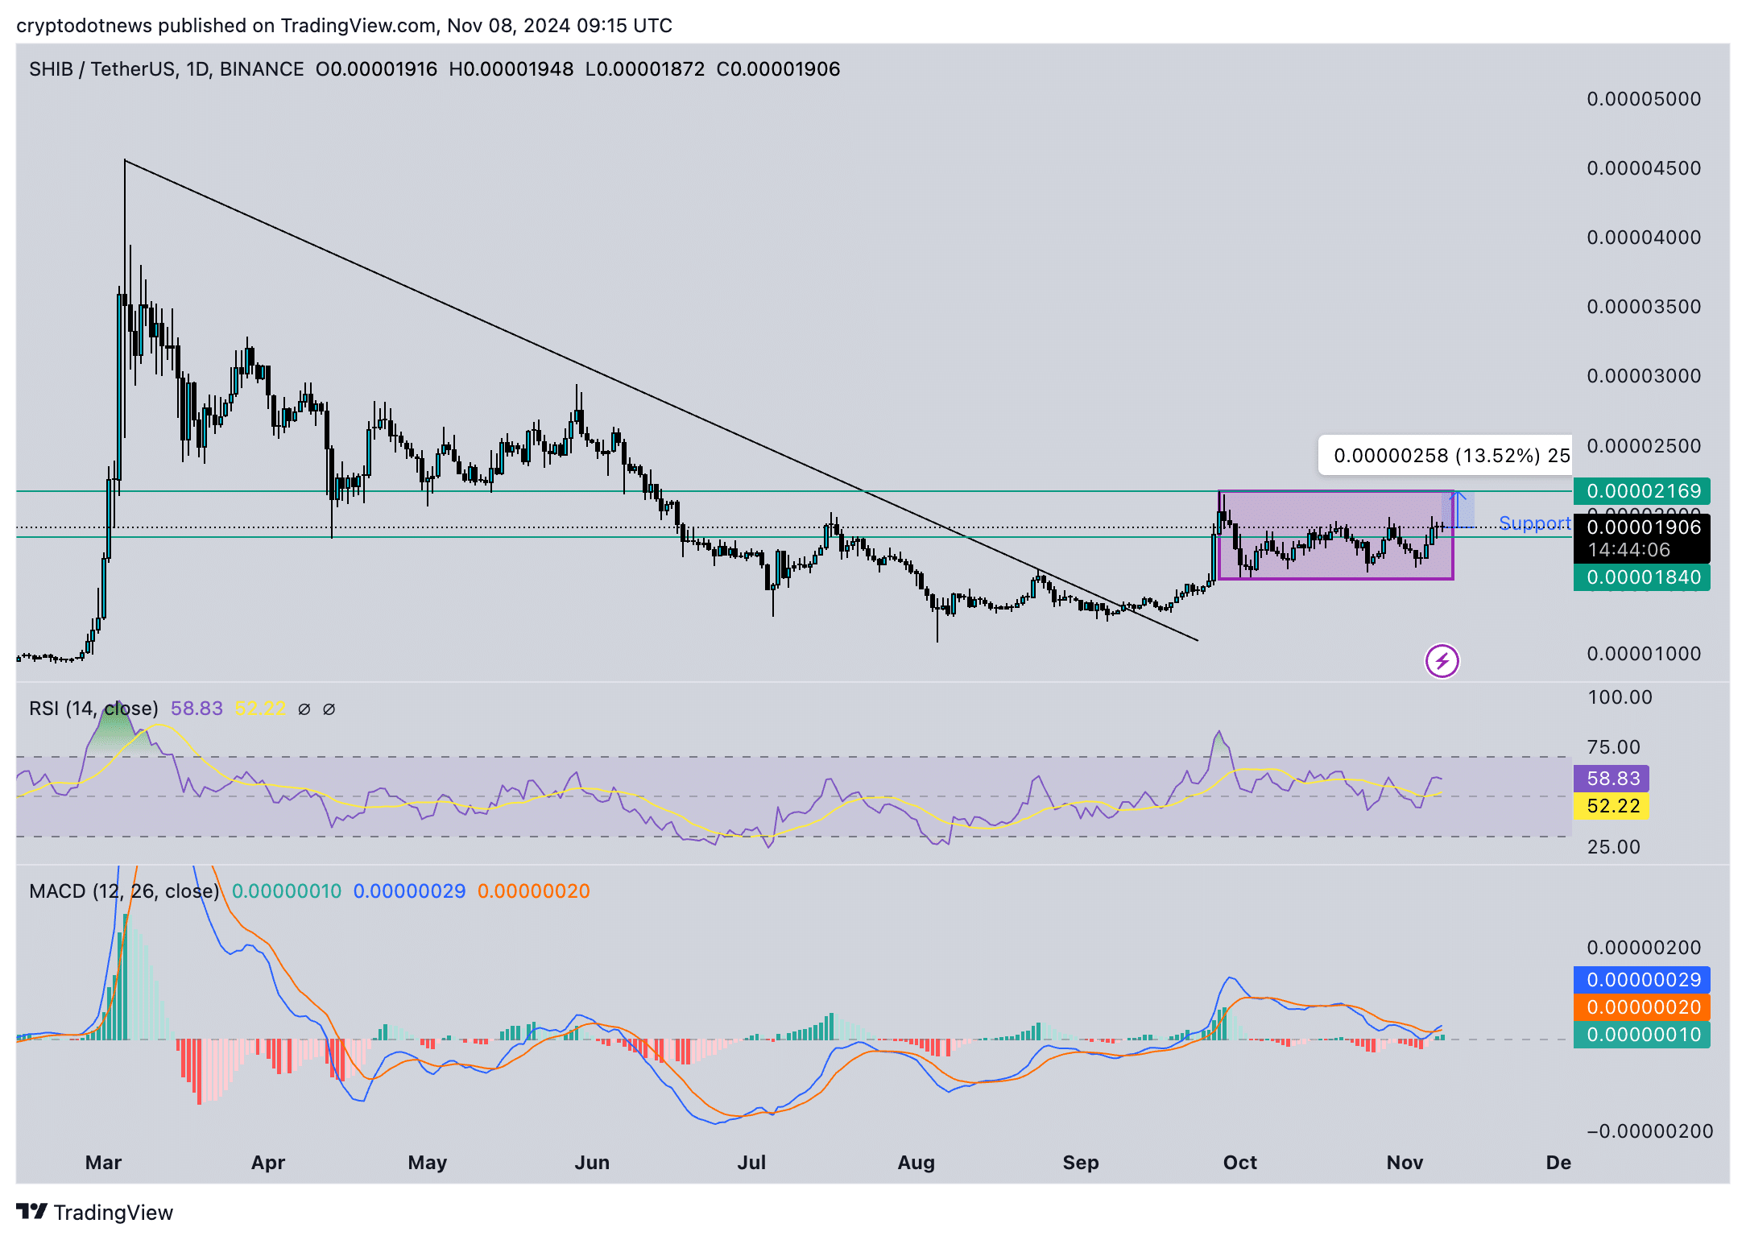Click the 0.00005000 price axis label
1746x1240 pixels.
tap(1643, 99)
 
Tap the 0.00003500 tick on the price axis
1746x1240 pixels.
tap(1643, 307)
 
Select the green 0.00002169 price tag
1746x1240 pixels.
tap(1641, 491)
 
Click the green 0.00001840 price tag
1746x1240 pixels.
tap(1641, 577)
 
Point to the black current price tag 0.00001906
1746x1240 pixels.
tap(1641, 528)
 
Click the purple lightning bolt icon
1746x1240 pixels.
tap(1442, 662)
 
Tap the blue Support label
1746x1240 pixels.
tap(1534, 523)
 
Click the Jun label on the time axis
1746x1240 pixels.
tap(592, 1163)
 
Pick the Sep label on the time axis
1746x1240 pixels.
tap(1080, 1163)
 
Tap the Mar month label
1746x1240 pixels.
tap(103, 1163)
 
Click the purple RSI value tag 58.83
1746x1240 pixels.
tap(1612, 779)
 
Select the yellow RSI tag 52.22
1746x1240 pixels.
tap(1612, 806)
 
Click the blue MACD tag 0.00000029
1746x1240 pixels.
tap(1641, 980)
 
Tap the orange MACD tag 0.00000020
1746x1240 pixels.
tap(1641, 1007)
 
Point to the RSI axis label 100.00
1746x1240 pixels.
tap(1619, 697)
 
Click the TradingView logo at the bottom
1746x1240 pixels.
tap(95, 1213)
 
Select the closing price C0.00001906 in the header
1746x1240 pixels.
tap(778, 69)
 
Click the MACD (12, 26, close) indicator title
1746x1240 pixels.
tap(124, 891)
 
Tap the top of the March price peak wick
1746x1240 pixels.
tap(125, 161)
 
